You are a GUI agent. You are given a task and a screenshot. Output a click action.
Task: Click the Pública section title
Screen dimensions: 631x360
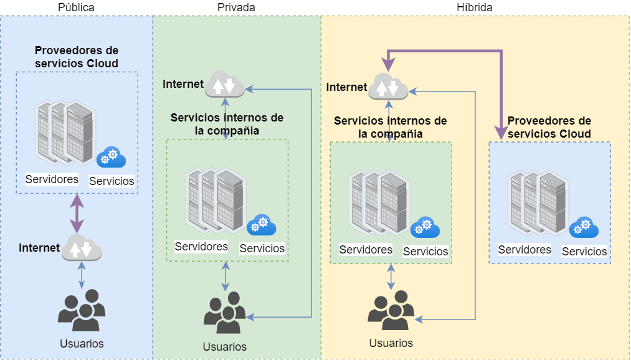(x=76, y=7)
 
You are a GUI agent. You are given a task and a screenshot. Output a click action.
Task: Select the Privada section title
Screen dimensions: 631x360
(x=236, y=7)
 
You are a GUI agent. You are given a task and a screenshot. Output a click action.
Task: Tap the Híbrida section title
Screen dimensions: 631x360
(x=475, y=7)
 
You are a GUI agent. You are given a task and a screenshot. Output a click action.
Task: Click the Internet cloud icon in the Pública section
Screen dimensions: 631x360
(x=82, y=247)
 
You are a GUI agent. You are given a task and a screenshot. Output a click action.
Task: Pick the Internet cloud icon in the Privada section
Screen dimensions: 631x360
(x=224, y=83)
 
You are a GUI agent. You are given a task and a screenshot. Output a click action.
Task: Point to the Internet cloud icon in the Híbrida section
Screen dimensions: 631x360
(x=388, y=87)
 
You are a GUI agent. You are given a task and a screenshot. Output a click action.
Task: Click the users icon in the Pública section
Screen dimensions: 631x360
(x=82, y=310)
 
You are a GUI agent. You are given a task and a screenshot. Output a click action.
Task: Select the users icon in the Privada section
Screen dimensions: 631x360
(x=224, y=313)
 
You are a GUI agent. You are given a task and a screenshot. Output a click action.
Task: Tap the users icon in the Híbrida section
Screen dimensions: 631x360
(x=391, y=310)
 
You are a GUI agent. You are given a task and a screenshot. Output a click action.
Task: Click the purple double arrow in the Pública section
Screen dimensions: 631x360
(x=77, y=214)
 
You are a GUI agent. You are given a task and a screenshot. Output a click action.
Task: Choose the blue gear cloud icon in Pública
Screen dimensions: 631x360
(x=111, y=158)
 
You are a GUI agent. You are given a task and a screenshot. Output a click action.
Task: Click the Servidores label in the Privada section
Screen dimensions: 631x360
(x=201, y=246)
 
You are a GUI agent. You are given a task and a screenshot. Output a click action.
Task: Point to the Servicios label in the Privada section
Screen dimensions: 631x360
(x=262, y=248)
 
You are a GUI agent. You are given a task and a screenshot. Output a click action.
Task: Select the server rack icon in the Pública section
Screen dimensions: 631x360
(x=65, y=133)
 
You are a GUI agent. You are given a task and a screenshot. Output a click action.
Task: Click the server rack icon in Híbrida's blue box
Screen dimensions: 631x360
(x=538, y=203)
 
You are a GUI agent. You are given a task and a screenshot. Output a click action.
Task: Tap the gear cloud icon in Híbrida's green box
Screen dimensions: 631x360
(x=425, y=227)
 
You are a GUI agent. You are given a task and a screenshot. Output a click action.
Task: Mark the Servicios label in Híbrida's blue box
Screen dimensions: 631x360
(x=584, y=252)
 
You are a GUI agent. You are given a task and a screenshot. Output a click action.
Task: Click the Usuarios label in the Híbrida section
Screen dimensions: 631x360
(x=391, y=343)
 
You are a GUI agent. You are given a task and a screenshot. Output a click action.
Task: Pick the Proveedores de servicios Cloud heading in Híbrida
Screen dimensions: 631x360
(x=549, y=127)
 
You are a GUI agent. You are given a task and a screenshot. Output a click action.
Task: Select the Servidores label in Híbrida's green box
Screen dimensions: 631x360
(x=366, y=249)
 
